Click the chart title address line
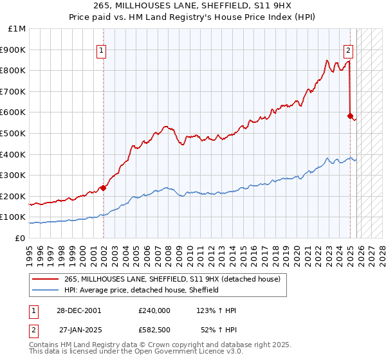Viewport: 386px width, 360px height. (193, 6)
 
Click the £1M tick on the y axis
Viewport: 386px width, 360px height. (17, 29)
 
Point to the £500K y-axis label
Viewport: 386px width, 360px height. (14, 134)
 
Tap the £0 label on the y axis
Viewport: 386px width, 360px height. (21, 238)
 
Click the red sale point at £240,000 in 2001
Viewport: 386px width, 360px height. (103, 188)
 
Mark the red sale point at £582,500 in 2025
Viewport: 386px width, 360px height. (350, 116)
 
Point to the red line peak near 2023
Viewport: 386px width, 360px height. (327, 60)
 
